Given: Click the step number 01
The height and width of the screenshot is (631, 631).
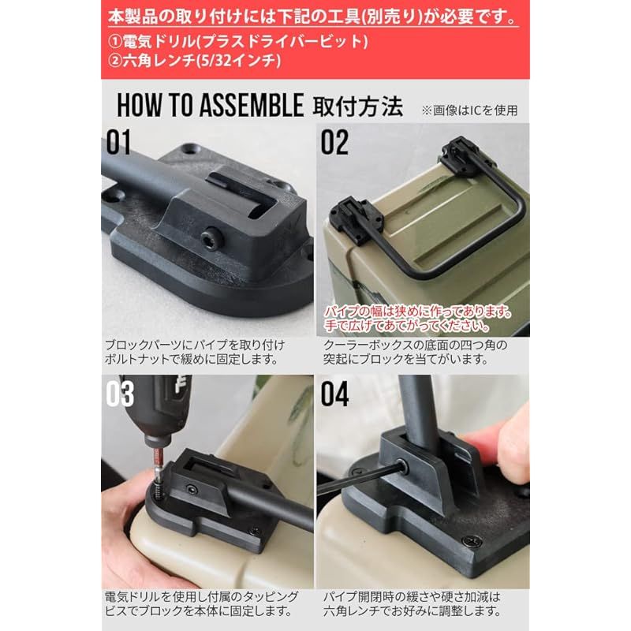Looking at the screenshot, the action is point(118,143).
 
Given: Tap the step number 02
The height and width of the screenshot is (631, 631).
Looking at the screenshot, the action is point(334,143).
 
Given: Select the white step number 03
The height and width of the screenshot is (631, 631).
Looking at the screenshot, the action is point(120,394).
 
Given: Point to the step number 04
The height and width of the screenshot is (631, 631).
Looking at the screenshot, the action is point(334,394).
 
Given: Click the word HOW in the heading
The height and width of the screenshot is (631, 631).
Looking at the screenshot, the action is point(138,105).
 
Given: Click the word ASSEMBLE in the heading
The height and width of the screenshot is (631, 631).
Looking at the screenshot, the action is point(252,105).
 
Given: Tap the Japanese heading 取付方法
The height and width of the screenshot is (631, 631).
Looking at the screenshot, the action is point(358,106).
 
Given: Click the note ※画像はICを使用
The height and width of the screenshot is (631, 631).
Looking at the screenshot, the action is point(469,110).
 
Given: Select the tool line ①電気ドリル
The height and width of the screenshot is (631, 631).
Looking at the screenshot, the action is point(238,42).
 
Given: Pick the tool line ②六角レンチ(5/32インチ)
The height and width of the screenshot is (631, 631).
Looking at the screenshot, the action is point(194,61).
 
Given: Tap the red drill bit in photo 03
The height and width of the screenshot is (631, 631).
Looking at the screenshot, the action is point(158,459).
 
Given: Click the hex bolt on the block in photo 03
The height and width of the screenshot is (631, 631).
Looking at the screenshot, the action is point(192,489).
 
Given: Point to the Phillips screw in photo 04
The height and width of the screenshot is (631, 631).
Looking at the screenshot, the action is point(471,542).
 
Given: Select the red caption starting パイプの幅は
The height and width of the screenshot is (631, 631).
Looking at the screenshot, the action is point(417,319).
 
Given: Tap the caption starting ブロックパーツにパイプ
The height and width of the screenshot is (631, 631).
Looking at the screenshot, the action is point(195,352).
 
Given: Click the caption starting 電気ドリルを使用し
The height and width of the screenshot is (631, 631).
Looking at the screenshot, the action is point(202,603).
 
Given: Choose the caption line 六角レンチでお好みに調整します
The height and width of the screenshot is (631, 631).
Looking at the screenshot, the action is point(413,610).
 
